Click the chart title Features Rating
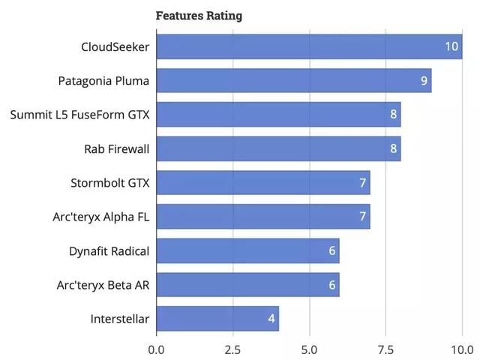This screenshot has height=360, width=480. pyautogui.click(x=199, y=15)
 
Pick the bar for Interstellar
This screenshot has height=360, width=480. pyautogui.click(x=217, y=319)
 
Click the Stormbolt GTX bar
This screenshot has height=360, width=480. pyautogui.click(x=263, y=182)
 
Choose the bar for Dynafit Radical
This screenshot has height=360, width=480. pyautogui.click(x=248, y=250)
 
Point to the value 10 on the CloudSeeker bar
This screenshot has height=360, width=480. pyautogui.click(x=451, y=46)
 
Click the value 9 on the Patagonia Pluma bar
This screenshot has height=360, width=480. pyautogui.click(x=424, y=80)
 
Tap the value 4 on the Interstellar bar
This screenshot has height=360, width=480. pyautogui.click(x=271, y=319)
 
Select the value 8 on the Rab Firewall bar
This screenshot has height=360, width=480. pyautogui.click(x=393, y=148)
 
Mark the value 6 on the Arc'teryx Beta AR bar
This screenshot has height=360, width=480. pyautogui.click(x=331, y=285)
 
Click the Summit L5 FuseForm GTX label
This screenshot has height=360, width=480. pyautogui.click(x=80, y=115)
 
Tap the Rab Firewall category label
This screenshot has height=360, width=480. pyautogui.click(x=117, y=148)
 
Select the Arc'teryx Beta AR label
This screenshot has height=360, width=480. pyautogui.click(x=103, y=285)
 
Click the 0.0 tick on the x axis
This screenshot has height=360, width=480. pyautogui.click(x=156, y=349)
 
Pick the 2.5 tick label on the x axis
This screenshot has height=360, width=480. pyautogui.click(x=232, y=349)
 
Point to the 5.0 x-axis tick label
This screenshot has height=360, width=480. pyautogui.click(x=309, y=349)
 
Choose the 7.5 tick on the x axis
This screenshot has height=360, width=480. pyautogui.click(x=385, y=349)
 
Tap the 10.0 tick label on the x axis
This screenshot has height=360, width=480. pyautogui.click(x=461, y=349)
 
